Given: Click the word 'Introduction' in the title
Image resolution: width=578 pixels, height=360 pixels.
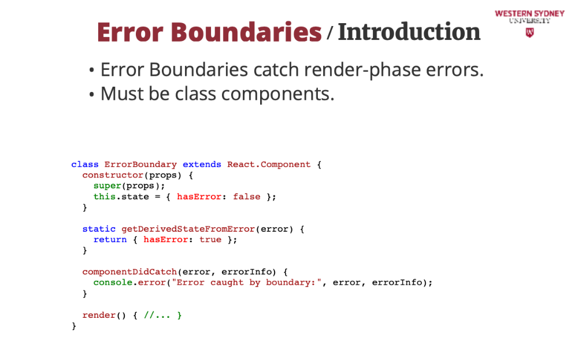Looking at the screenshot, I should click(409, 32).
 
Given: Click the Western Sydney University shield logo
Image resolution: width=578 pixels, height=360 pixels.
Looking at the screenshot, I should click(529, 33).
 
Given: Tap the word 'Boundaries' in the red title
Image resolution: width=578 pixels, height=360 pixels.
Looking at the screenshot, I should click(247, 32).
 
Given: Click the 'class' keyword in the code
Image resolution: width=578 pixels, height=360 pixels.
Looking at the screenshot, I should click(85, 165).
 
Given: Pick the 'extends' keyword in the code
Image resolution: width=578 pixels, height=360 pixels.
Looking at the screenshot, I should click(202, 165).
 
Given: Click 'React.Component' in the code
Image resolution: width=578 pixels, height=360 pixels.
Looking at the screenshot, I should click(269, 165).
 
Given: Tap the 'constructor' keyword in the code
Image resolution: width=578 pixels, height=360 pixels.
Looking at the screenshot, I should click(113, 175).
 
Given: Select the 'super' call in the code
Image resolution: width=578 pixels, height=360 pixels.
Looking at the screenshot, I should click(107, 185).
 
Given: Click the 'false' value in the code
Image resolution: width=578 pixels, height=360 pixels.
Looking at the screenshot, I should click(247, 196).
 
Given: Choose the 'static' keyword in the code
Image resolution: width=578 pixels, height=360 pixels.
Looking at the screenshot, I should click(99, 229).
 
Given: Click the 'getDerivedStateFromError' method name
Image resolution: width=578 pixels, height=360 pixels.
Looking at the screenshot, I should click(188, 229).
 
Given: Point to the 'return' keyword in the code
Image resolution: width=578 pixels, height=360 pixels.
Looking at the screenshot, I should click(110, 239).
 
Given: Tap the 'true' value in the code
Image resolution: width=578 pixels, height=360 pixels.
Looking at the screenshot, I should click(210, 239).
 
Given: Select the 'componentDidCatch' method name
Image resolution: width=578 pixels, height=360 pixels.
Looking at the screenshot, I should click(129, 272).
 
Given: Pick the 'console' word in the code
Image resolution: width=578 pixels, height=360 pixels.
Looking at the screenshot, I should click(113, 283).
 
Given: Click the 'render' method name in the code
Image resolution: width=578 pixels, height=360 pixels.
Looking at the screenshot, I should click(99, 315).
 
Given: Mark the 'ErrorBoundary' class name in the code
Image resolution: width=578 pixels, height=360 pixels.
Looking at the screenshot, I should click(140, 165).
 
